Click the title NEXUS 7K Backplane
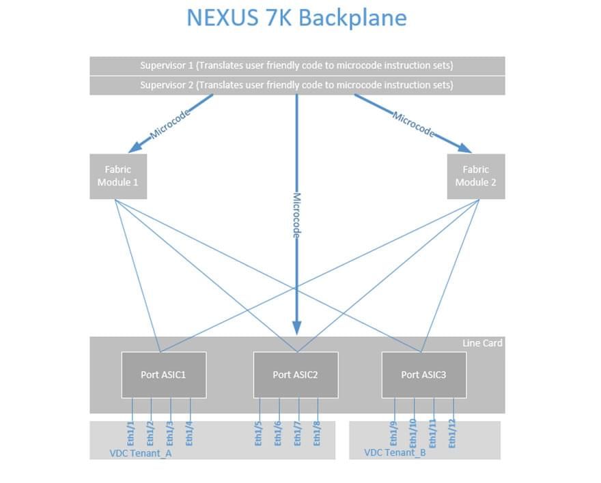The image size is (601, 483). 296,18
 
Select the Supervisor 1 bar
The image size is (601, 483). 296,65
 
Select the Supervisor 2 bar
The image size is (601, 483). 296,85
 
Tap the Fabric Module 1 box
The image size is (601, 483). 118,176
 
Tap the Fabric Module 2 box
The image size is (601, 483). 476,176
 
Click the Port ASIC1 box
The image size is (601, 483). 163,375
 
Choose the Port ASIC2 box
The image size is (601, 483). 296,375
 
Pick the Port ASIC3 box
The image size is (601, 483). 424,375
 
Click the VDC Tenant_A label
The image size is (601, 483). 140,452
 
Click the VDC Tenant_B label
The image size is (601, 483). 395,452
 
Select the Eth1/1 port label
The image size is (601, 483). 132,433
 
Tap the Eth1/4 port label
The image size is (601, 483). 189,433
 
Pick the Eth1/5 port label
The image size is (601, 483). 259,433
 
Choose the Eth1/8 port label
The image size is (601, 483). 317,433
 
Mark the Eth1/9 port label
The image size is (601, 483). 393,433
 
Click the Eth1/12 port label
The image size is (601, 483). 452,433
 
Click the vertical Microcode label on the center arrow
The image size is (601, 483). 297,214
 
